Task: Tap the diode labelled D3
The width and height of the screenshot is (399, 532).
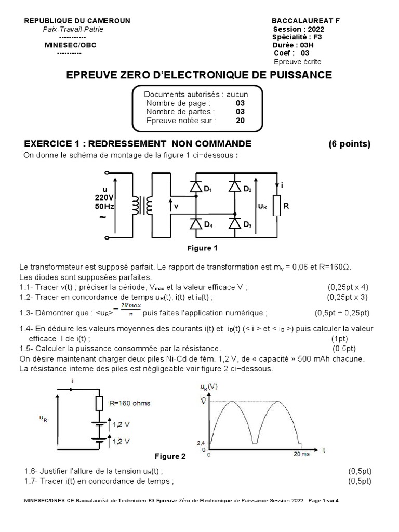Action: [235, 224]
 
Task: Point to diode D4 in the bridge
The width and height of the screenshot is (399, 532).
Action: [196, 224]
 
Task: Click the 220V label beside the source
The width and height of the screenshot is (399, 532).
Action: [104, 197]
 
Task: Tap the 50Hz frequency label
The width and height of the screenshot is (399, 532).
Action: [104, 206]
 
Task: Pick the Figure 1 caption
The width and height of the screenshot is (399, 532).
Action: [202, 248]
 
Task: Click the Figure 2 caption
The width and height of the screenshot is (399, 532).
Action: [170, 456]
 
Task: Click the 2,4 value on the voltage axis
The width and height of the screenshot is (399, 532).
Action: [202, 442]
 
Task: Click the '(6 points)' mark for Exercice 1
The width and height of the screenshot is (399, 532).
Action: [349, 144]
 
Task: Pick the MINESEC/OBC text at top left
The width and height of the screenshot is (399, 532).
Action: [71, 45]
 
